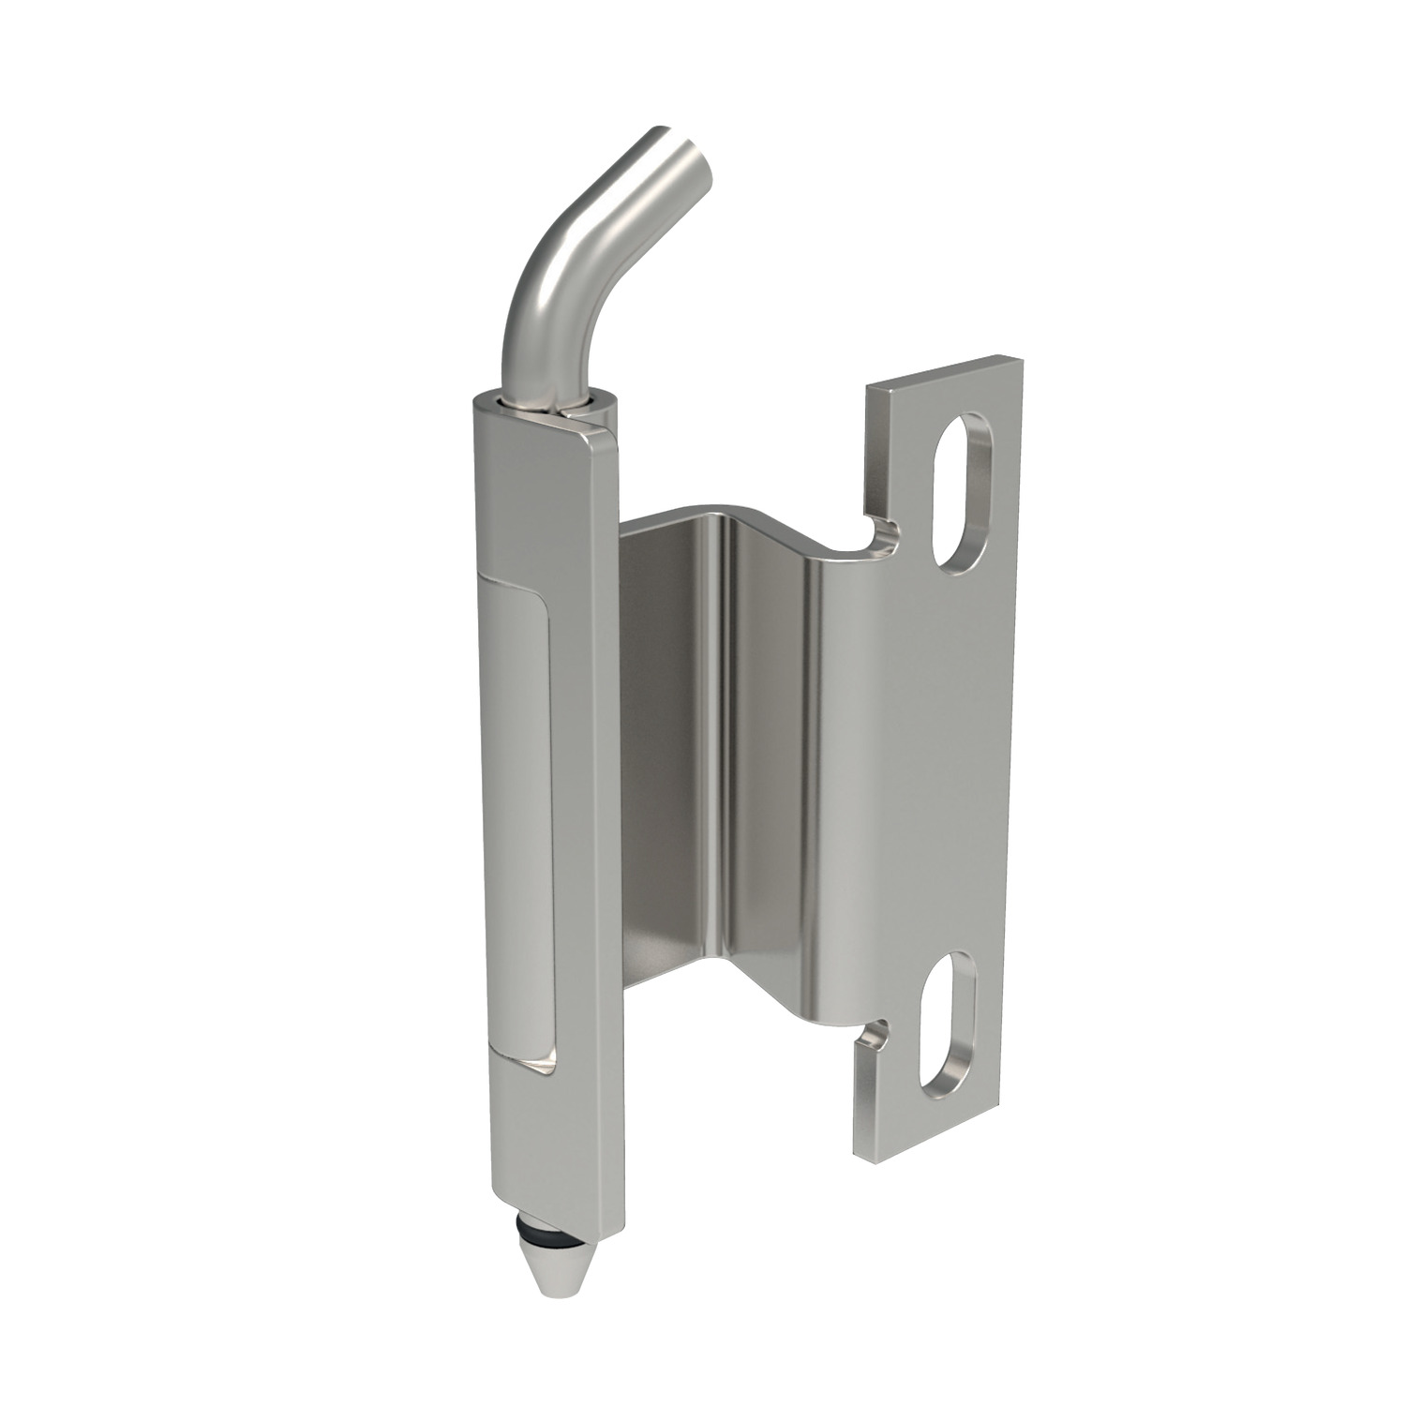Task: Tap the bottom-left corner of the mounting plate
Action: [858, 1147]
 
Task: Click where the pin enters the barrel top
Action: [544, 403]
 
